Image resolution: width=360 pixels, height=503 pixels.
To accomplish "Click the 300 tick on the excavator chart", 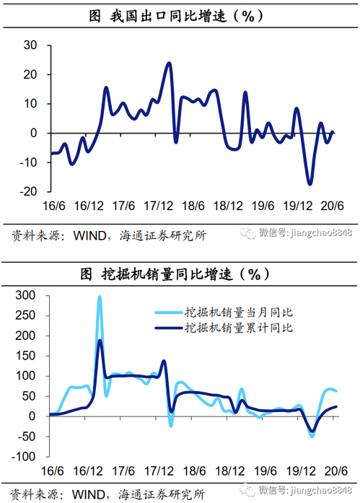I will tap(26, 295).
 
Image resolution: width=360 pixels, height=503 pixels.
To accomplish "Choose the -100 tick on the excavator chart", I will tap(25, 456).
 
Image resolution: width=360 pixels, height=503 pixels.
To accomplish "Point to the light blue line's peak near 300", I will tap(100, 297).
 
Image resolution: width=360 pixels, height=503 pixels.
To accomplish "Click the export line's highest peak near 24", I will tap(169, 64).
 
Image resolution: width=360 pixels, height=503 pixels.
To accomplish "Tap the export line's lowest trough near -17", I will tap(310, 184).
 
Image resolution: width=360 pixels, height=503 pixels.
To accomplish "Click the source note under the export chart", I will tap(108, 235).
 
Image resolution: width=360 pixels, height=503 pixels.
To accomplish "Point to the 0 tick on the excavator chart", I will tap(35, 416).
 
